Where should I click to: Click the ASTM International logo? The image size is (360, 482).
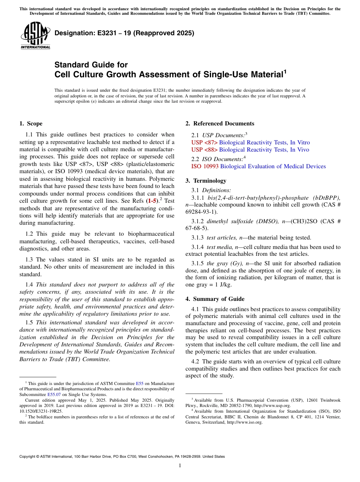pos(35,35)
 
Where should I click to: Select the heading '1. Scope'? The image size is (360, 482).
pos(31,124)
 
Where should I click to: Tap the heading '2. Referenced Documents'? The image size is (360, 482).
pos(220,124)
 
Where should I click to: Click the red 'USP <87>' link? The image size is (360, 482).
pos(205,142)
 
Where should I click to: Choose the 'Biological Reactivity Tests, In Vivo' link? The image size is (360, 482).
pos(264,150)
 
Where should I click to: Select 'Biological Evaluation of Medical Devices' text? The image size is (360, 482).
pos(273,166)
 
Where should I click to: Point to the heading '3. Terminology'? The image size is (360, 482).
pos(206,181)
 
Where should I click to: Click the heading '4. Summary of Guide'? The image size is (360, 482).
pos(215,299)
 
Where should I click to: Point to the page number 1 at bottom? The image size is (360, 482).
pos(180,465)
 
